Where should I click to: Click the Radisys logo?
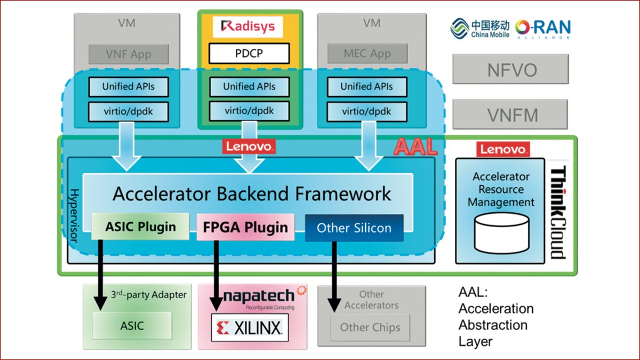(x=249, y=27)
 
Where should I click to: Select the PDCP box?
(x=249, y=53)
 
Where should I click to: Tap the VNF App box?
(x=129, y=54)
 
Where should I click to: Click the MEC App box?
(x=367, y=54)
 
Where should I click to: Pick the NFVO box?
(x=510, y=69)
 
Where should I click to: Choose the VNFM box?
(x=510, y=115)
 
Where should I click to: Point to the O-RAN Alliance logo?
(x=543, y=29)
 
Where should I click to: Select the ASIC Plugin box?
(x=141, y=227)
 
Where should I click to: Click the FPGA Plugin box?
(x=245, y=228)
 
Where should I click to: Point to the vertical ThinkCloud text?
(x=558, y=212)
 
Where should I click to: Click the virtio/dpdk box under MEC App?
(x=366, y=111)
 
